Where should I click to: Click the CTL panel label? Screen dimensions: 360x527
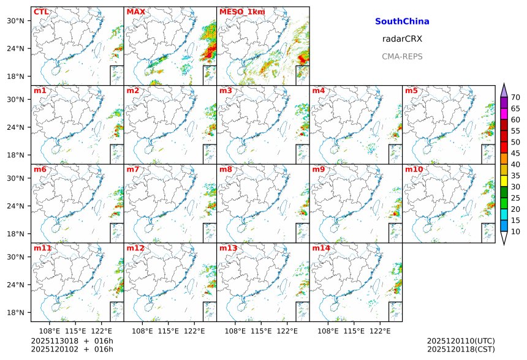click(41, 12)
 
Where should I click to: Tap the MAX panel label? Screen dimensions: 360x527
click(135, 12)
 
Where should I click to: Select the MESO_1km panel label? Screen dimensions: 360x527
click(240, 12)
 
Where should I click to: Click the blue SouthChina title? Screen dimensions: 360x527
click(402, 21)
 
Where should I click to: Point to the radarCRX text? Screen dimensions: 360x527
click(402, 39)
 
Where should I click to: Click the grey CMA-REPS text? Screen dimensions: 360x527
click(402, 56)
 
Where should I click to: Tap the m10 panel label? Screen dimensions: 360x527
click(414, 170)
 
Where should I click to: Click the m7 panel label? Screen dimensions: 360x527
click(133, 170)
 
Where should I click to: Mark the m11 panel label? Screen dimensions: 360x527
click(42, 249)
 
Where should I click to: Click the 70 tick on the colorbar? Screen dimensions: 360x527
click(515, 97)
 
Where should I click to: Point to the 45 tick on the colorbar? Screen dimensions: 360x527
click(515, 153)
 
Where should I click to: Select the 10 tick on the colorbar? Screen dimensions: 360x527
click(515, 231)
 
